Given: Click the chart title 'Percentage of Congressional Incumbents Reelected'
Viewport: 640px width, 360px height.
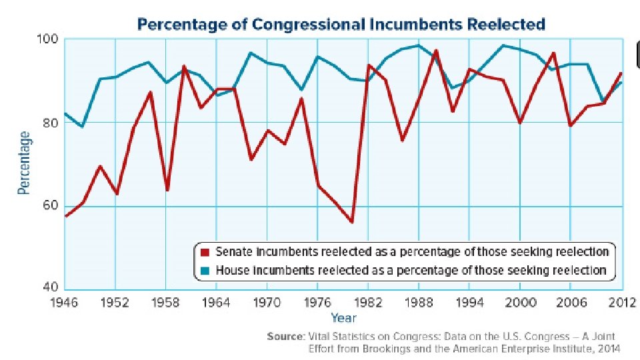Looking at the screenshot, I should pos(341,25).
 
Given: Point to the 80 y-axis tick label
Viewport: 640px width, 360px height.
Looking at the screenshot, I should pos(51,122).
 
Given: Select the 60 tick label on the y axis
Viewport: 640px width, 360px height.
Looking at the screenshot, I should pos(51,205).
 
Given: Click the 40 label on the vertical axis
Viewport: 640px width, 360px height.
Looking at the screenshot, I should pos(51,288).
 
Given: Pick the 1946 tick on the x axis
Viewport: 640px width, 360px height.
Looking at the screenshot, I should pos(65,303).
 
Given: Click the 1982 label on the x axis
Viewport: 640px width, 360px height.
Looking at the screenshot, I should pos(368,303).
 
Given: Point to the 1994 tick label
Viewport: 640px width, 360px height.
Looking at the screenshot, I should pos(469,303).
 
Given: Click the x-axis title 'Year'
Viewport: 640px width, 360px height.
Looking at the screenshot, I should pos(343,318).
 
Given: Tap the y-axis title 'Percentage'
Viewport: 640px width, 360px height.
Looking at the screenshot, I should pos(24,163).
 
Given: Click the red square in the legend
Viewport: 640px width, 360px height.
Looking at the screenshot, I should pos(205,252).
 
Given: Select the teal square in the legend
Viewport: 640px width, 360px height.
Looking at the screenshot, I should pos(205,270).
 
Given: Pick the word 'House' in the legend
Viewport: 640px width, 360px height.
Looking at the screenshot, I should pos(231,270).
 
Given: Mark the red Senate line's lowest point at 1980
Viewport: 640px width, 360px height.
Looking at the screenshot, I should pos(351,222).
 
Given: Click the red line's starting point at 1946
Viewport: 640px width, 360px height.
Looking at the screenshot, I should pos(66,216).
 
